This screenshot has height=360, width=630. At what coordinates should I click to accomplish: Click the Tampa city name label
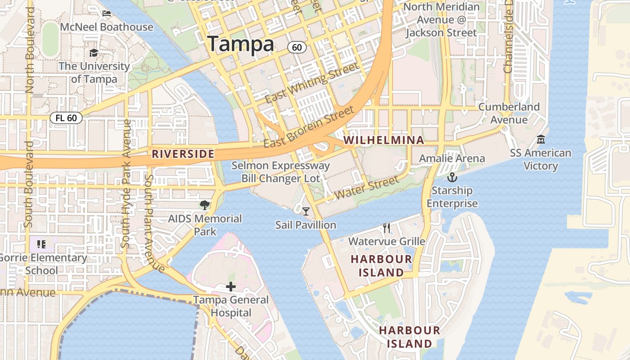click(240, 44)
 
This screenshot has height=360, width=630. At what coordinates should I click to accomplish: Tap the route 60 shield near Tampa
click(297, 47)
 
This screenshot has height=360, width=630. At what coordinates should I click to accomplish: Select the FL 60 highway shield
click(66, 118)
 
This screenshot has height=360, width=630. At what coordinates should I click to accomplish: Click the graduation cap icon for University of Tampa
click(94, 53)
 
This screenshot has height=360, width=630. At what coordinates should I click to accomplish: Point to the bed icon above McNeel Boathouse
click(107, 13)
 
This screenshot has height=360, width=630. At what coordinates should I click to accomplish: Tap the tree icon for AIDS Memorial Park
click(205, 206)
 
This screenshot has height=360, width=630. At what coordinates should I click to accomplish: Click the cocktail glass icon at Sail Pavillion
click(306, 211)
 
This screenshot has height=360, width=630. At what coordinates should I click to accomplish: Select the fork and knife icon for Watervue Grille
click(387, 228)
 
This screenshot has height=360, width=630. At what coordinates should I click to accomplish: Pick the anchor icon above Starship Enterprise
click(452, 177)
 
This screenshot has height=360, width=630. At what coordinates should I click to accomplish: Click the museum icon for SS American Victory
click(541, 139)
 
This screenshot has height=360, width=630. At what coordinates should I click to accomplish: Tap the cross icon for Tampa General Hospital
click(231, 287)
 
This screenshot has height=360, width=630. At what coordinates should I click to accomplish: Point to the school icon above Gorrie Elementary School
click(41, 244)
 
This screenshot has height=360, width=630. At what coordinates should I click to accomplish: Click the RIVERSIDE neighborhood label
click(183, 154)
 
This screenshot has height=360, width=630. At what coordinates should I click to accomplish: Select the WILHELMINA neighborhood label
click(384, 140)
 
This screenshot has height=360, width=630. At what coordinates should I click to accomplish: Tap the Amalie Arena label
click(452, 158)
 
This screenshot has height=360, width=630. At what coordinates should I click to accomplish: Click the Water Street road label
click(367, 188)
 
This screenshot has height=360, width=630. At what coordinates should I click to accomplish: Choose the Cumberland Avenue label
click(509, 113)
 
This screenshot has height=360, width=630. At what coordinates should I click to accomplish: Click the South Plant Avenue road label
click(153, 223)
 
